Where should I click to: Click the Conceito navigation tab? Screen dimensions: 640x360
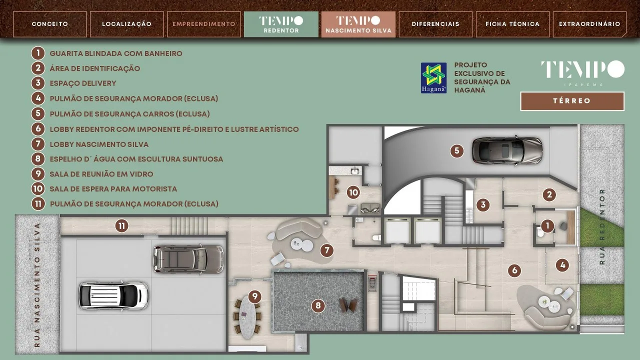pos(49,24)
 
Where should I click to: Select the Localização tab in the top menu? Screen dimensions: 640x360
pos(127,24)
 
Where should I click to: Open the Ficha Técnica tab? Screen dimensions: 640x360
pos(512,24)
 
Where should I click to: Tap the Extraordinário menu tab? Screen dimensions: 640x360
pos(589,24)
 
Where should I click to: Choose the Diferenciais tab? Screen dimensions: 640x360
pos(435,24)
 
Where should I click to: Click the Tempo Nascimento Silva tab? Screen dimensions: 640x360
pos(358,24)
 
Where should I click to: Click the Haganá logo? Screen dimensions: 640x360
pos(433,78)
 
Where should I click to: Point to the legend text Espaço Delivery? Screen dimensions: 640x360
pos(83,83)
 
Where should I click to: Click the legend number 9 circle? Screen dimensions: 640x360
pos(38,173)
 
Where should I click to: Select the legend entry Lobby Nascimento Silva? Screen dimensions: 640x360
pos(99,144)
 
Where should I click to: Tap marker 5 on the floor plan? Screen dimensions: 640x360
pos(456,150)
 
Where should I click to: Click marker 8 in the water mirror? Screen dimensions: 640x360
pos(318,306)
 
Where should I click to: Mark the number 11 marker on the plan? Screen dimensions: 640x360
pos(121,226)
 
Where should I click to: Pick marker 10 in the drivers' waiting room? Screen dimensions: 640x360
pos(353,192)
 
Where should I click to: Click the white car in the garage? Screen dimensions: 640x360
pos(113,295)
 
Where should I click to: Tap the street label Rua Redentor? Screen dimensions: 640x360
pos(602,226)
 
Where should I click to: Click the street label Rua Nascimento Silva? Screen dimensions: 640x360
pos(37,285)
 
